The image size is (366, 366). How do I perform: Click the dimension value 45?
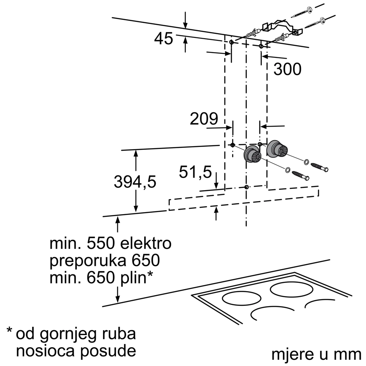coord(164,39)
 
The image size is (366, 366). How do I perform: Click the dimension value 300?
coord(287,69)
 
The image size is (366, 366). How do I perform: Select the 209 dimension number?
coord(204,118)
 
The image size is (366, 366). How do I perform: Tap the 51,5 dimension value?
coord(195,172)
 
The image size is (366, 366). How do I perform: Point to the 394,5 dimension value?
coord(135,182)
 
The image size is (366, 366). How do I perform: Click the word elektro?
coord(146,243)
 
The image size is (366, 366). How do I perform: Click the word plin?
coord(133,278)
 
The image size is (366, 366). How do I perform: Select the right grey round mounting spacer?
coord(276,149)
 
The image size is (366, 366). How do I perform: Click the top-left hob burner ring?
coord(241,298)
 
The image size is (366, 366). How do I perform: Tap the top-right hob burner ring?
coord(291,289)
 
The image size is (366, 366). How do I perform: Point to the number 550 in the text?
coord(101,243)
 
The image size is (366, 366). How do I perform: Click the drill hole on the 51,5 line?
coord(246,187)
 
